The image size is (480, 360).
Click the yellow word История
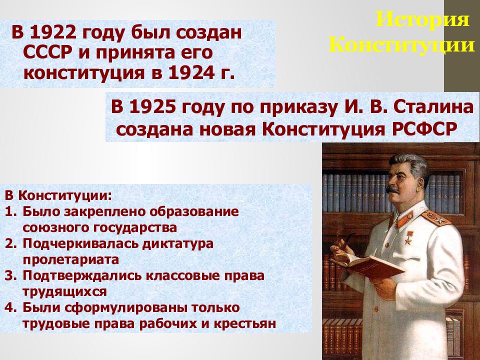click(x=422, y=19)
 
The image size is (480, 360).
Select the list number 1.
click(x=10, y=212)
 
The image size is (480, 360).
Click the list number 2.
click(x=10, y=243)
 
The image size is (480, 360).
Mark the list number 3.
click(x=10, y=276)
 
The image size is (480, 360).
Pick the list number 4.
click(x=10, y=307)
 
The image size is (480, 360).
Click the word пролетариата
click(x=70, y=260)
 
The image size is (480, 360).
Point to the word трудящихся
click(x=64, y=292)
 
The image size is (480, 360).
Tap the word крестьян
click(x=244, y=323)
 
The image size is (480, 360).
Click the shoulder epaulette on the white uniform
click(x=436, y=217)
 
